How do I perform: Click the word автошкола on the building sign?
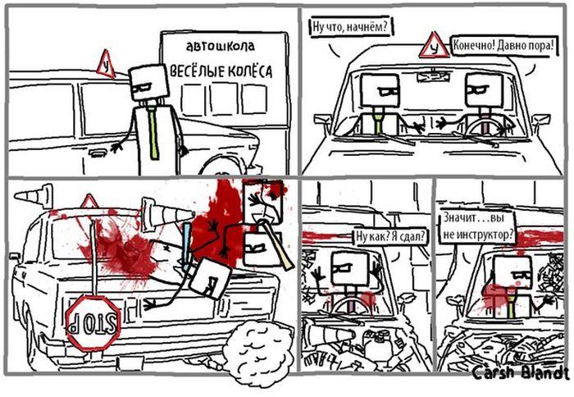[220, 46]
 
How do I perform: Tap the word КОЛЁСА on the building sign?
[250, 71]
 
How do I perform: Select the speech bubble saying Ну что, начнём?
[350, 27]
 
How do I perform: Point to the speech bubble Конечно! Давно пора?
[503, 46]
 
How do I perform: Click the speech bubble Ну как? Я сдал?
[391, 236]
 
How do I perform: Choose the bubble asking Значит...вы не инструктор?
[478, 227]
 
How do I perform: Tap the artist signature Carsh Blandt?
[521, 373]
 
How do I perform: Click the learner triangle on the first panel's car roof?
[106, 65]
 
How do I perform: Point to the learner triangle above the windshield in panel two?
[434, 46]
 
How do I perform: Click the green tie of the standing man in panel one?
[153, 133]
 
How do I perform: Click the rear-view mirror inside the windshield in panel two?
[434, 77]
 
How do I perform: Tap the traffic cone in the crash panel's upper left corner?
[34, 197]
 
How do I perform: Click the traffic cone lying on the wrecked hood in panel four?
[328, 334]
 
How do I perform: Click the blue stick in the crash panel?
[188, 245]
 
